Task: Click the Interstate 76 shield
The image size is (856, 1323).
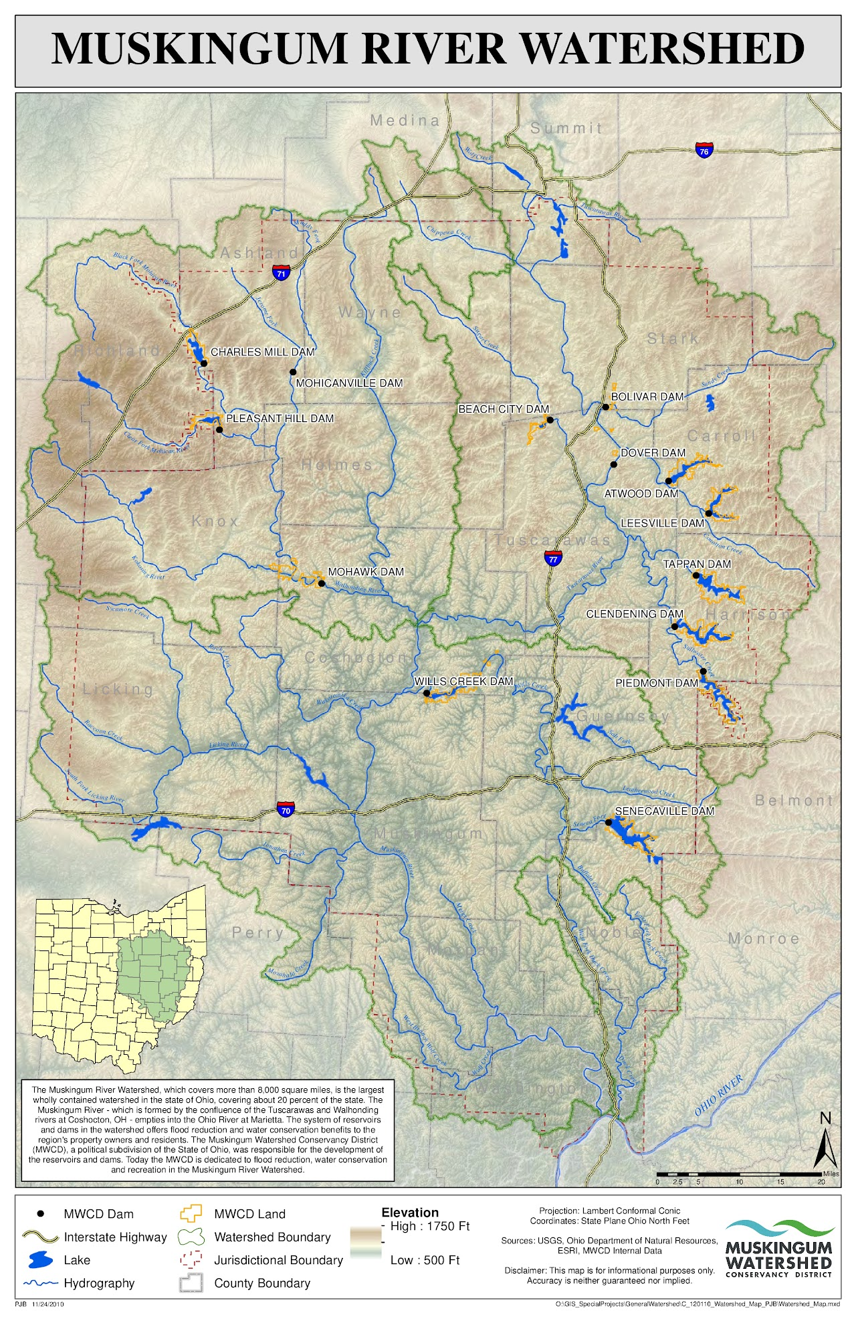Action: click(x=704, y=150)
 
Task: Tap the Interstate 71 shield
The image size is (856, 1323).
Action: click(x=281, y=272)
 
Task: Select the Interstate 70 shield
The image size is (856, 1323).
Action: click(x=286, y=809)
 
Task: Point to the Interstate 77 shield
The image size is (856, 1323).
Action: click(x=552, y=558)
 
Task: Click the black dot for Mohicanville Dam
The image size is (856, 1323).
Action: click(x=293, y=372)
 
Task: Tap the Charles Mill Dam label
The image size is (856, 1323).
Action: click(x=262, y=352)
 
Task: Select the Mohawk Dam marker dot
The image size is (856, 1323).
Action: click(x=321, y=583)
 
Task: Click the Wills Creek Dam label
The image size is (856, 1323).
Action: click(x=463, y=681)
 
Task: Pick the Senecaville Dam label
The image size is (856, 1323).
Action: click(x=664, y=811)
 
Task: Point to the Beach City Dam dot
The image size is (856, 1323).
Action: click(x=550, y=420)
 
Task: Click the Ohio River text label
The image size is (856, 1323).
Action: click(x=719, y=1095)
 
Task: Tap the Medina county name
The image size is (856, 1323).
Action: click(x=405, y=120)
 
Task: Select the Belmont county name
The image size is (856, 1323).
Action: click(x=794, y=800)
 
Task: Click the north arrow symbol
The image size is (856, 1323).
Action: click(x=825, y=1140)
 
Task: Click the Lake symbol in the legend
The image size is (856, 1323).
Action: click(x=39, y=1260)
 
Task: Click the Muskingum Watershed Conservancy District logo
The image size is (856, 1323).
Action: click(x=779, y=1248)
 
